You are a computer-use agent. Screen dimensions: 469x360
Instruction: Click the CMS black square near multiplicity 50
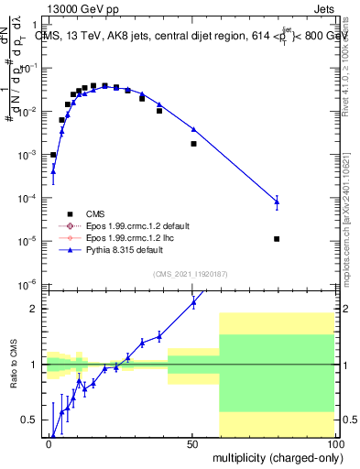pos(193,144)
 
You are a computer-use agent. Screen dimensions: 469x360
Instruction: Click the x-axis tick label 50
pos(191,442)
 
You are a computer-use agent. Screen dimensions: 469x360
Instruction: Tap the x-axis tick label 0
pos(49,442)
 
